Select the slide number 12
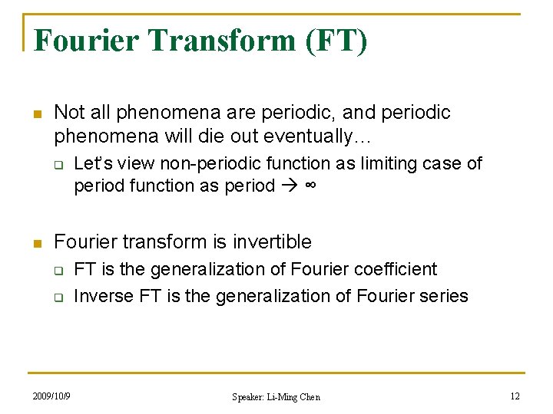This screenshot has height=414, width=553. click(x=515, y=396)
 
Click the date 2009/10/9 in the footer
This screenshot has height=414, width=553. click(x=51, y=396)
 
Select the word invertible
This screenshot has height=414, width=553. click(x=272, y=242)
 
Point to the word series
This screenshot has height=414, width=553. click(x=443, y=295)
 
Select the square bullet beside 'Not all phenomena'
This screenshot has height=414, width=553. click(x=35, y=114)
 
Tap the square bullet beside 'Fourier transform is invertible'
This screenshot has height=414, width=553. click(x=35, y=243)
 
